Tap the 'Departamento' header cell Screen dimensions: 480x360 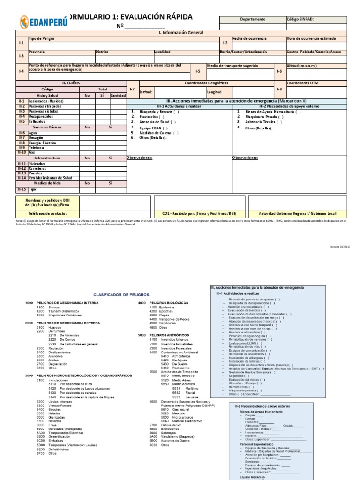[253, 19]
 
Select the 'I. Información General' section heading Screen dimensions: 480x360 [181, 33]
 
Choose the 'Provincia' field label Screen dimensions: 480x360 [37, 52]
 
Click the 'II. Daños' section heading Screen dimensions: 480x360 [71, 83]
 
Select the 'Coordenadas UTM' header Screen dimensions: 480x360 [302, 83]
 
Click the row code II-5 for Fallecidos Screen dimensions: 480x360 [22, 121]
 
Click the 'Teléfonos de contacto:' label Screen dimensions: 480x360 [47, 213]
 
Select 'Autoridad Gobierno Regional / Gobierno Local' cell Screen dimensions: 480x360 [305, 213]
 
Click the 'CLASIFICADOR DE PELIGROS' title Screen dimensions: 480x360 [121, 295]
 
